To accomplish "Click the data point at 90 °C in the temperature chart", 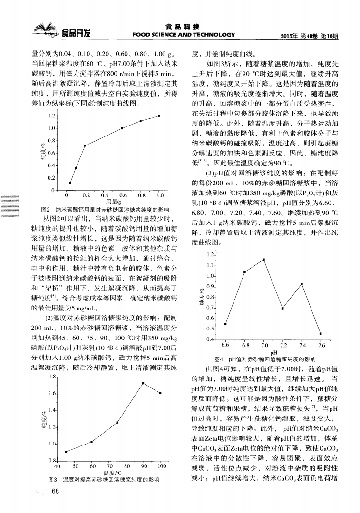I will coord(143,383).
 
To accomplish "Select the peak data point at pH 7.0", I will coord(263,259).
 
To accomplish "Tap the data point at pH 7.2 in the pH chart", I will coord(282,308).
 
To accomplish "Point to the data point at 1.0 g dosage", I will coord(159,116).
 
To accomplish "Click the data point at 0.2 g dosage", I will coord(85,145).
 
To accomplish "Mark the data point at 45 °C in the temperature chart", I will coord(66,452).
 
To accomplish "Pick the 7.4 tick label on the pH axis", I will coord(302,345).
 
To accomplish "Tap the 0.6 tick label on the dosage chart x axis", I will coord(122,195).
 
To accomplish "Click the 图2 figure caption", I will coord(106,209).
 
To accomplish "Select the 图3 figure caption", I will coord(103,479).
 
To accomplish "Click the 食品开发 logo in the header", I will coord(65,33).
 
